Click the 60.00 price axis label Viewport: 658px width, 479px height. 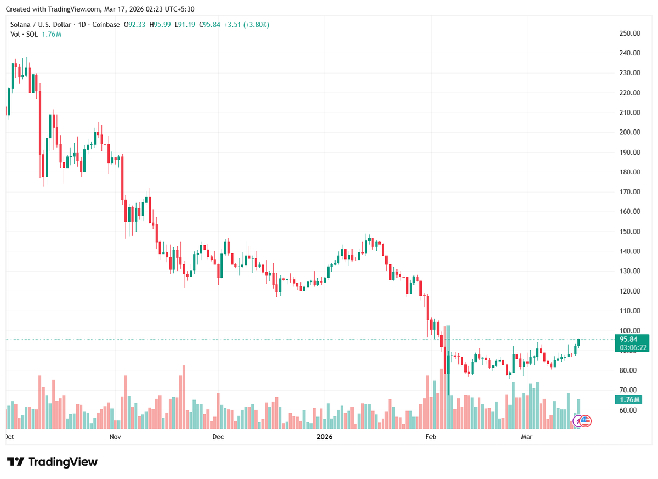click(629, 410)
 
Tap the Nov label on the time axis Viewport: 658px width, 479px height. click(115, 437)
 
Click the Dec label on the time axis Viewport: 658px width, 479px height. click(218, 437)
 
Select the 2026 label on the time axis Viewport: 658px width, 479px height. click(325, 437)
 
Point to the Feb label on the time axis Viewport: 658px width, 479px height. click(430, 437)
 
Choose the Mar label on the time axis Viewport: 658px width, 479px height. click(527, 437)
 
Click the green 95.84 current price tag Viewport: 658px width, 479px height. click(627, 339)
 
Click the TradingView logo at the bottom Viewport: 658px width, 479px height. click(52, 462)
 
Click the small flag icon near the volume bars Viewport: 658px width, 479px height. click(585, 421)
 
